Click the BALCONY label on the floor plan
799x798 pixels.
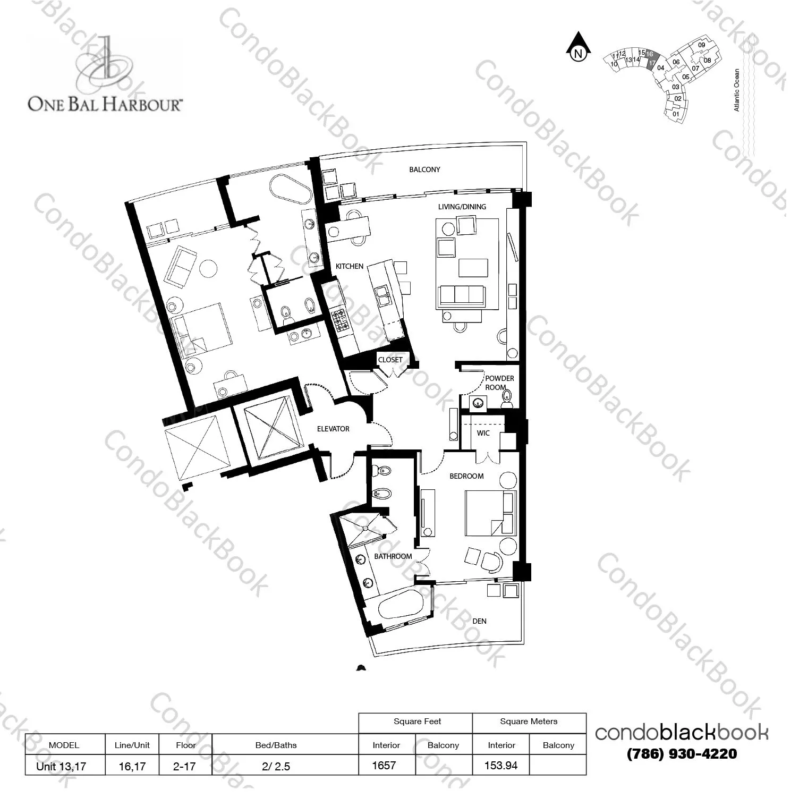(424, 169)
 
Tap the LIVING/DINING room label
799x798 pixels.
(462, 207)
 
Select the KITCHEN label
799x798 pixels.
(350, 266)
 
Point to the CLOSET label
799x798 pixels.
(390, 360)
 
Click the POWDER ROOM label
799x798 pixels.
(499, 383)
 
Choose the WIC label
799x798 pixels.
(483, 433)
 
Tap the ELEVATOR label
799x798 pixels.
(333, 429)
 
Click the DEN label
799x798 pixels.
(479, 621)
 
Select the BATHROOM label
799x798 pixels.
(393, 556)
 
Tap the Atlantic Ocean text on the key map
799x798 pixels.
(736, 90)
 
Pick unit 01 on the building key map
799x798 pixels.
(676, 114)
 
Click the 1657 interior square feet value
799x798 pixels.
(384, 766)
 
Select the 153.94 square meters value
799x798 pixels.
(501, 766)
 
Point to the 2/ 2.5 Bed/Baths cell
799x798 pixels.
(276, 767)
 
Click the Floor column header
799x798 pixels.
(186, 745)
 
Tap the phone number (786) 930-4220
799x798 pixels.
(682, 754)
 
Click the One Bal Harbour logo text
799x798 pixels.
(104, 104)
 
